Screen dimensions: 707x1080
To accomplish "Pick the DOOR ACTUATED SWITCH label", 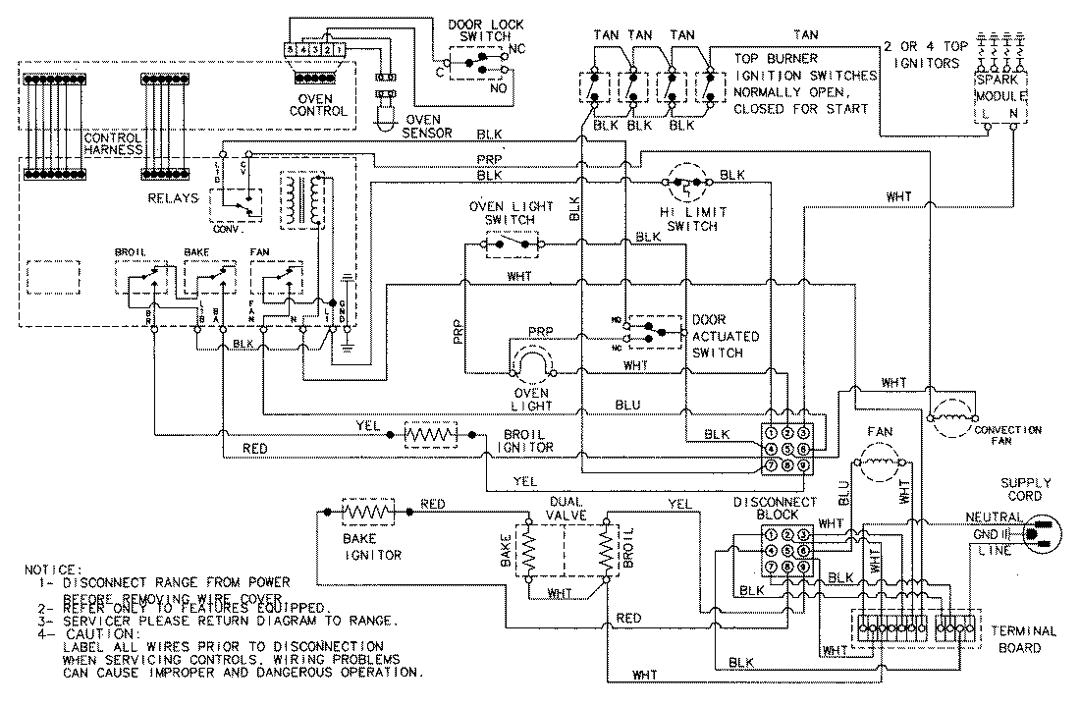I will click(x=726, y=336).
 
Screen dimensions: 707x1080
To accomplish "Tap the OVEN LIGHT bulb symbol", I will click(x=531, y=368).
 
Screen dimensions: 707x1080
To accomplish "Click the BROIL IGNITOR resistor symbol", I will click(x=433, y=433).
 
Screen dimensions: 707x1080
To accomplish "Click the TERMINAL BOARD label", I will click(x=1022, y=639).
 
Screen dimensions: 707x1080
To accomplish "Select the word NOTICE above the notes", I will click(x=57, y=569).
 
